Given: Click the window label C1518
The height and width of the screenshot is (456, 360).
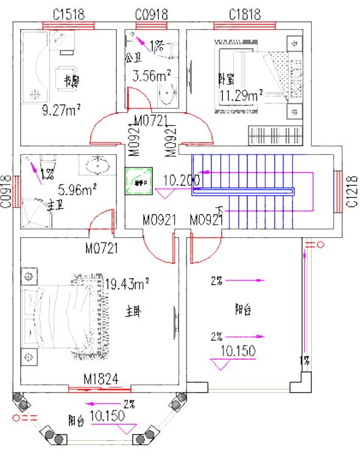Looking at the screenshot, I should [69, 13].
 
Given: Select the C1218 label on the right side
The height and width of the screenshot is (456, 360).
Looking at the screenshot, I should [351, 191].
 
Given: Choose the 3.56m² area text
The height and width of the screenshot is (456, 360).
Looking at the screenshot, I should [152, 76].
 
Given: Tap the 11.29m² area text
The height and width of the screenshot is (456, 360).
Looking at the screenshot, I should [241, 94].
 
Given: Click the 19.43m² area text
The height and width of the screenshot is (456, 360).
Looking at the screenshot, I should [127, 283].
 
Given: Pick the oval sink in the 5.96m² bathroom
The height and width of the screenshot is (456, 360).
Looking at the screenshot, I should [98, 165].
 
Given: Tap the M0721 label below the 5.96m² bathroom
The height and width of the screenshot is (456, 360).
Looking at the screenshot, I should [101, 248].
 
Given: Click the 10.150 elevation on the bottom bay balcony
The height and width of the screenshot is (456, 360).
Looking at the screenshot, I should [108, 416].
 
